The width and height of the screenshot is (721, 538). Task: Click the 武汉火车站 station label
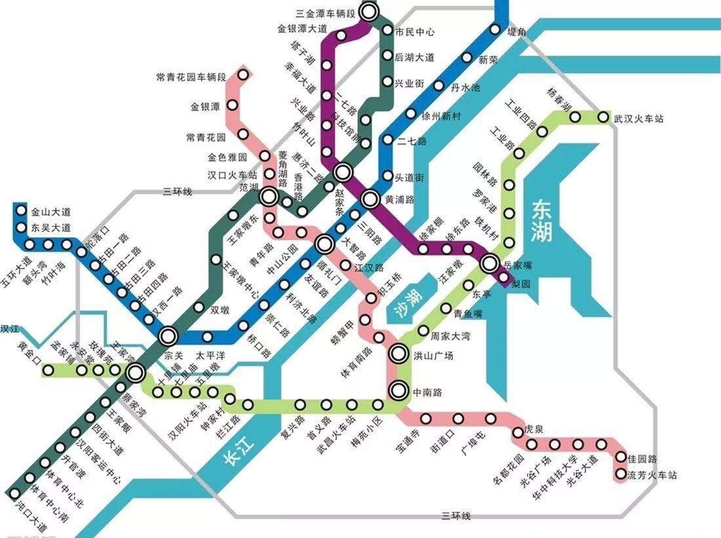pyautogui.click(x=638, y=119)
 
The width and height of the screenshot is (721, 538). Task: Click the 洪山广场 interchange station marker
pyautogui.click(x=399, y=355)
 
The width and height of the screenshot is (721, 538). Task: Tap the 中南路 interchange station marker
pyautogui.click(x=399, y=391)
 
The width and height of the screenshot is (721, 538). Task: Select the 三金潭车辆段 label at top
pyautogui.click(x=325, y=13)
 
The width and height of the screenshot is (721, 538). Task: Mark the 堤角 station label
pyautogui.click(x=517, y=31)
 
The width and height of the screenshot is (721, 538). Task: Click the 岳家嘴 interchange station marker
pyautogui.click(x=490, y=264)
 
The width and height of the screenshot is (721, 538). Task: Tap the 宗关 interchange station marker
pyautogui.click(x=169, y=336)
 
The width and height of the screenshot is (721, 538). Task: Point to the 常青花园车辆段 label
pyautogui.click(x=191, y=77)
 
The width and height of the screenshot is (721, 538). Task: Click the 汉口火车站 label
pyautogui.click(x=232, y=175)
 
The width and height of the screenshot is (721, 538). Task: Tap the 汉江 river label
pyautogui.click(x=9, y=327)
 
